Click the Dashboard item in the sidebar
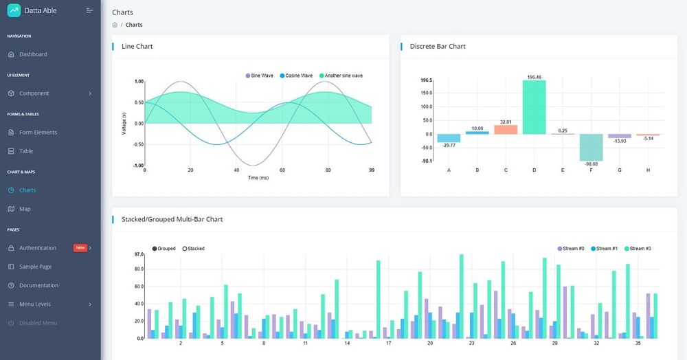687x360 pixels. tap(33, 54)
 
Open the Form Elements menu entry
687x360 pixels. tap(38, 133)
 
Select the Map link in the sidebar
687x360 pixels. tap(25, 209)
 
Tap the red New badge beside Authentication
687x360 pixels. tap(80, 248)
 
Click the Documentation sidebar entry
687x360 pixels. tap(38, 286)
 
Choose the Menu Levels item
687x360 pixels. tap(34, 304)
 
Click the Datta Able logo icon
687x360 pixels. tap(14, 10)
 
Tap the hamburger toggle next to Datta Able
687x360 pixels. tap(89, 10)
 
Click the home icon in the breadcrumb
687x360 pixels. tap(115, 25)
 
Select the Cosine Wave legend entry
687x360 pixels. tap(296, 76)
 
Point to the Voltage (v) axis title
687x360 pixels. tap(124, 123)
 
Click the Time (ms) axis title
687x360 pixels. tap(258, 178)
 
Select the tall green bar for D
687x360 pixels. tap(534, 106)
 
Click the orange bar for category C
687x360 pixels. tap(506, 129)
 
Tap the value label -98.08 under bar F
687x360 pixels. tap(591, 164)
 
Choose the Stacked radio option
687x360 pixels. tap(193, 249)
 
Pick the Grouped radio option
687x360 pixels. tap(164, 249)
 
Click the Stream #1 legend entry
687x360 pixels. tap(605, 249)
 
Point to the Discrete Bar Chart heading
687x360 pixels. tap(438, 47)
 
